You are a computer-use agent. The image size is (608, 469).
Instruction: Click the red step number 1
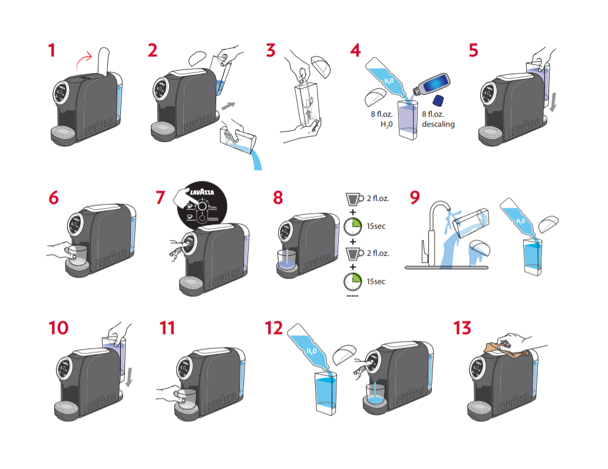(x=52, y=51)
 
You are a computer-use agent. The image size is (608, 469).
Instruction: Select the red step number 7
(x=160, y=197)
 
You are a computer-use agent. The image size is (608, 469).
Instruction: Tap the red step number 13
(x=462, y=328)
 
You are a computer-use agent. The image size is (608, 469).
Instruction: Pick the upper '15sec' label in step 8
(x=375, y=226)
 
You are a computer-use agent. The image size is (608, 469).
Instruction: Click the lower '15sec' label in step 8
(x=375, y=282)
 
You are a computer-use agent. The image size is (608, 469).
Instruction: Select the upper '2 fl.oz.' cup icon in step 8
(x=353, y=198)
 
